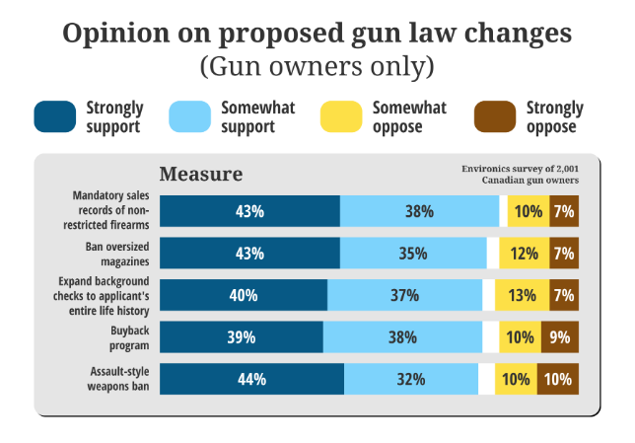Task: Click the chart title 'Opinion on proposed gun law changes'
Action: (x=317, y=33)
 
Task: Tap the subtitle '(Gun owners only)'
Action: (x=317, y=67)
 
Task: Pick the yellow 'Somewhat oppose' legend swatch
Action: (x=341, y=117)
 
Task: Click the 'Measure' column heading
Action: (x=201, y=174)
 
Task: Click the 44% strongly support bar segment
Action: (x=251, y=379)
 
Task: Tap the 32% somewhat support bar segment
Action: (x=411, y=379)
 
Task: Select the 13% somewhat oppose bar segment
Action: (x=521, y=295)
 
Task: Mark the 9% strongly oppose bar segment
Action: (x=559, y=337)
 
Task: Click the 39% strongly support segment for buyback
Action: (x=241, y=337)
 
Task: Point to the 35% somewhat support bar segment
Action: (x=413, y=254)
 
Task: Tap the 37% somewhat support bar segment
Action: (x=404, y=295)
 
